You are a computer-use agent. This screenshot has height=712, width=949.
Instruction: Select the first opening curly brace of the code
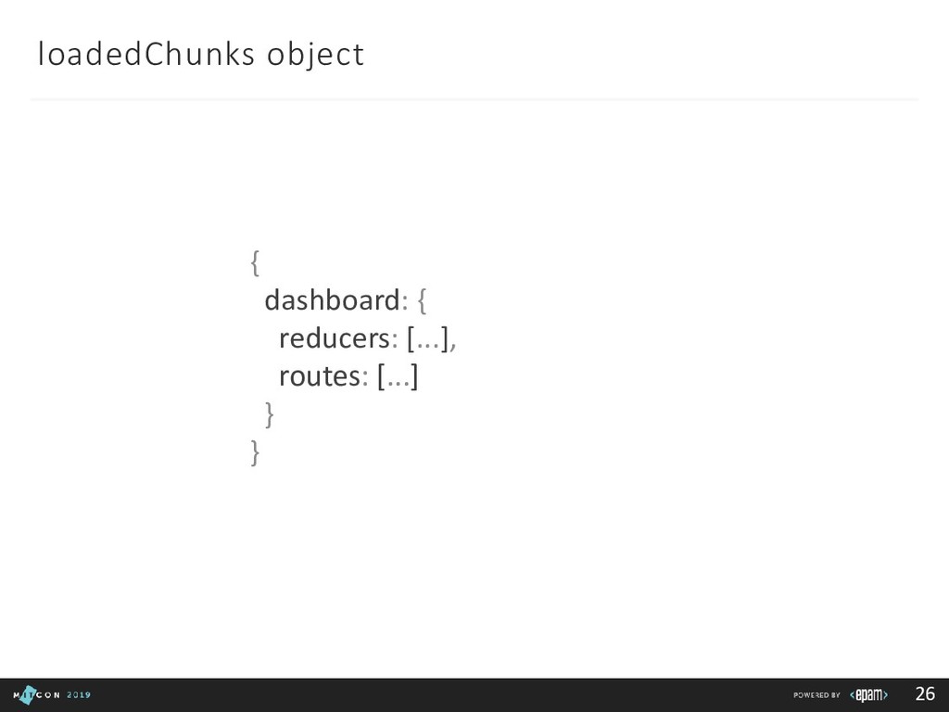[254, 264]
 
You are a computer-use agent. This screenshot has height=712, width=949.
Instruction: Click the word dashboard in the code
[331, 300]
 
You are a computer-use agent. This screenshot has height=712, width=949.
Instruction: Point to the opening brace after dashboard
[422, 301]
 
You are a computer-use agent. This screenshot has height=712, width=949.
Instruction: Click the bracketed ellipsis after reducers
[427, 340]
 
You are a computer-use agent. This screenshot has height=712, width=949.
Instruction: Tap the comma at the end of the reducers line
[455, 345]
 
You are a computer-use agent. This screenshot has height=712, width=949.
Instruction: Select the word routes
[318, 376]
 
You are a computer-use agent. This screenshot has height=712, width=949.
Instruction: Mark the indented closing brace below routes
[269, 415]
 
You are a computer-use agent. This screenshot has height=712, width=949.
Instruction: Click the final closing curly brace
[254, 453]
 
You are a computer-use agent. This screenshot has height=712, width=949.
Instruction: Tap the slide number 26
[924, 694]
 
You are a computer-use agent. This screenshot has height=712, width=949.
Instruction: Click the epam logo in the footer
[871, 694]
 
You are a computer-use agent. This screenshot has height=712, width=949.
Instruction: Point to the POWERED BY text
[816, 695]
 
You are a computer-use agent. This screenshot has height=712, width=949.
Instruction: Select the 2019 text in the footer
[79, 695]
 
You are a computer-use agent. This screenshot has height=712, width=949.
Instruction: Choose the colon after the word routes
[365, 378]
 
